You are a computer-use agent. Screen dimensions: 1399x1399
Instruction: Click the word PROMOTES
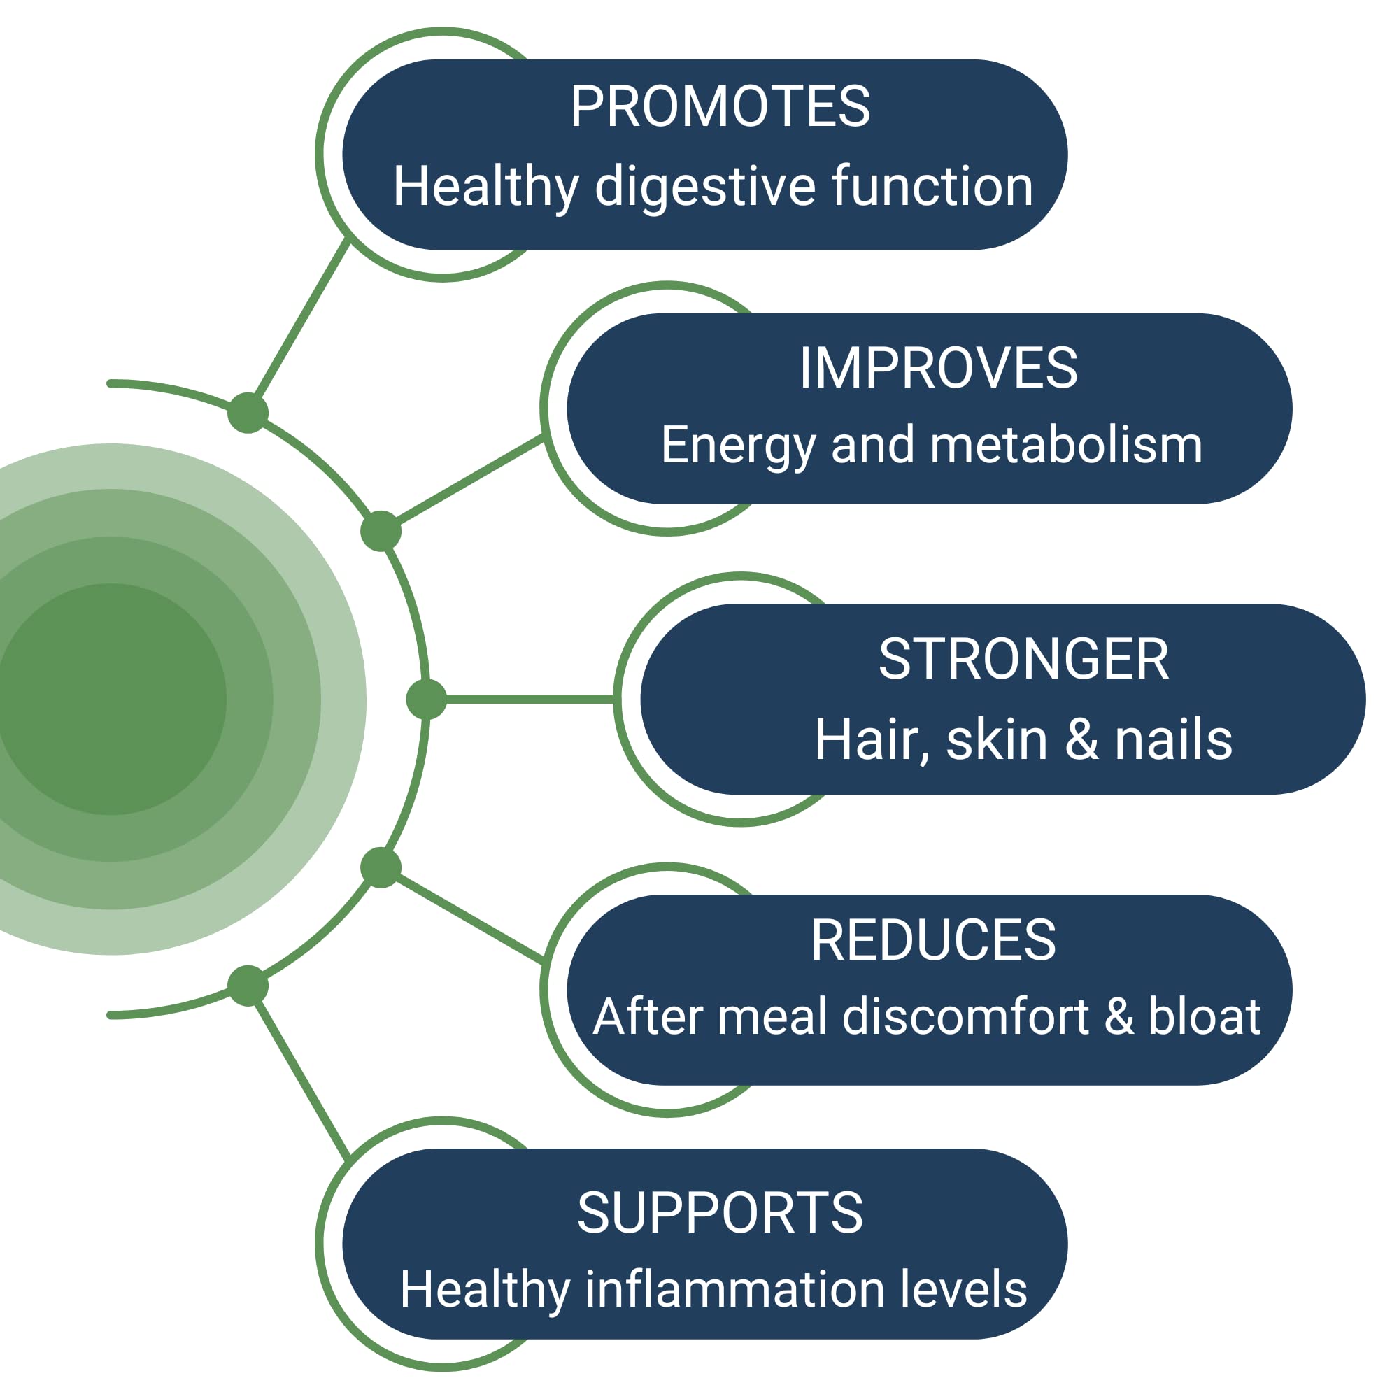click(x=720, y=107)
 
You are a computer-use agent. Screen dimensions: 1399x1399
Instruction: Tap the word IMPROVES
click(x=938, y=368)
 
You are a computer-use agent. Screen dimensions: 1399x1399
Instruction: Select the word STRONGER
click(x=1023, y=659)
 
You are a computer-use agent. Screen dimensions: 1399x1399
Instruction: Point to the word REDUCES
click(x=933, y=940)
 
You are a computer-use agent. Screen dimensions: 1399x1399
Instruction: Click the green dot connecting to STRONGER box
click(x=427, y=699)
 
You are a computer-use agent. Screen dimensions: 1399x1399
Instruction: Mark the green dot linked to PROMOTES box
click(x=248, y=413)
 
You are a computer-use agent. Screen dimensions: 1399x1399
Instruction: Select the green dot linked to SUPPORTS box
click(x=248, y=986)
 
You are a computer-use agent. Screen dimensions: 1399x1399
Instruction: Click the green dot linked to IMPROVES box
click(x=381, y=531)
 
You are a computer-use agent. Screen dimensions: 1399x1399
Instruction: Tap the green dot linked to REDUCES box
click(x=381, y=867)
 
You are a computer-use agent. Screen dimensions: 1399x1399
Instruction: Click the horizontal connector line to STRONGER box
click(x=529, y=699)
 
